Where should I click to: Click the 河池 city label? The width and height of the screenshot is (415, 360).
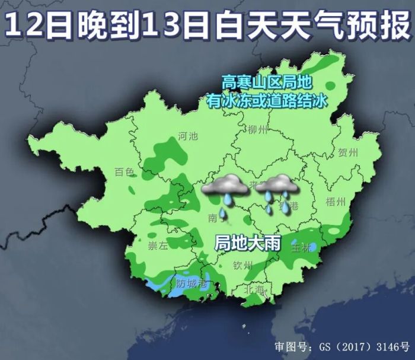pyautogui.click(x=188, y=136)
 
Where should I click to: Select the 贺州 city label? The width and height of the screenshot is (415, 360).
pyautogui.click(x=348, y=152)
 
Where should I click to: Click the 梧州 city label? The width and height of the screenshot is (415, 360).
pyautogui.click(x=336, y=202)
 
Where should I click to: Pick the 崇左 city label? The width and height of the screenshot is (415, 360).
pyautogui.click(x=158, y=246)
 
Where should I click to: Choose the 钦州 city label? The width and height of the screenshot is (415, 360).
pyautogui.click(x=243, y=265)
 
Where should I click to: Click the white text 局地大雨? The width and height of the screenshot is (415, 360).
pyautogui.click(x=242, y=243)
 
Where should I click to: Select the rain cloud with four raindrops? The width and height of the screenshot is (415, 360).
pyautogui.click(x=277, y=192)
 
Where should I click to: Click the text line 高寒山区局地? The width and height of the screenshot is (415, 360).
pyautogui.click(x=266, y=82)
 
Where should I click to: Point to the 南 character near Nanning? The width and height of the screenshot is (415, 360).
pyautogui.click(x=213, y=218)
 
